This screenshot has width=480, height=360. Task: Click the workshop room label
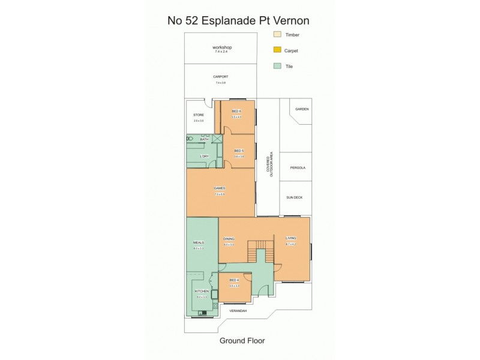pos(222,47)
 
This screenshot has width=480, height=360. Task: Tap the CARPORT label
pos(221,77)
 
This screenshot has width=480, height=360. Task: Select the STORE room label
pos(199,115)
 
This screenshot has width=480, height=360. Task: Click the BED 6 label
pos(236,111)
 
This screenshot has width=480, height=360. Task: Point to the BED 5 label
pos(238,151)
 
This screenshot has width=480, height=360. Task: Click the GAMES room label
pos(220,188)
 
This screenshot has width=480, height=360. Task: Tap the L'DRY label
pos(204,157)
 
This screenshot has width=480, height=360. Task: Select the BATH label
pos(204,139)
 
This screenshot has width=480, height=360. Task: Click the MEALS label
pos(199,242)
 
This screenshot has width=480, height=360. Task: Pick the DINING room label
pos(229,239)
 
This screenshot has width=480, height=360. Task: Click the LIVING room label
pos(290,239)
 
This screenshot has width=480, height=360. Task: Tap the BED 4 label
pos(234,281)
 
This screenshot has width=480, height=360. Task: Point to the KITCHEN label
pos(201,291)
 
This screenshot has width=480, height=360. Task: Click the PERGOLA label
pos(297,167)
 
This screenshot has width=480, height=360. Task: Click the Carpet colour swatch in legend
pos(277,50)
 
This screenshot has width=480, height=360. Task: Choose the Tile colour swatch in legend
pos(277,65)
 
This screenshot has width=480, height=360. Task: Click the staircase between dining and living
pos(261,250)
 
